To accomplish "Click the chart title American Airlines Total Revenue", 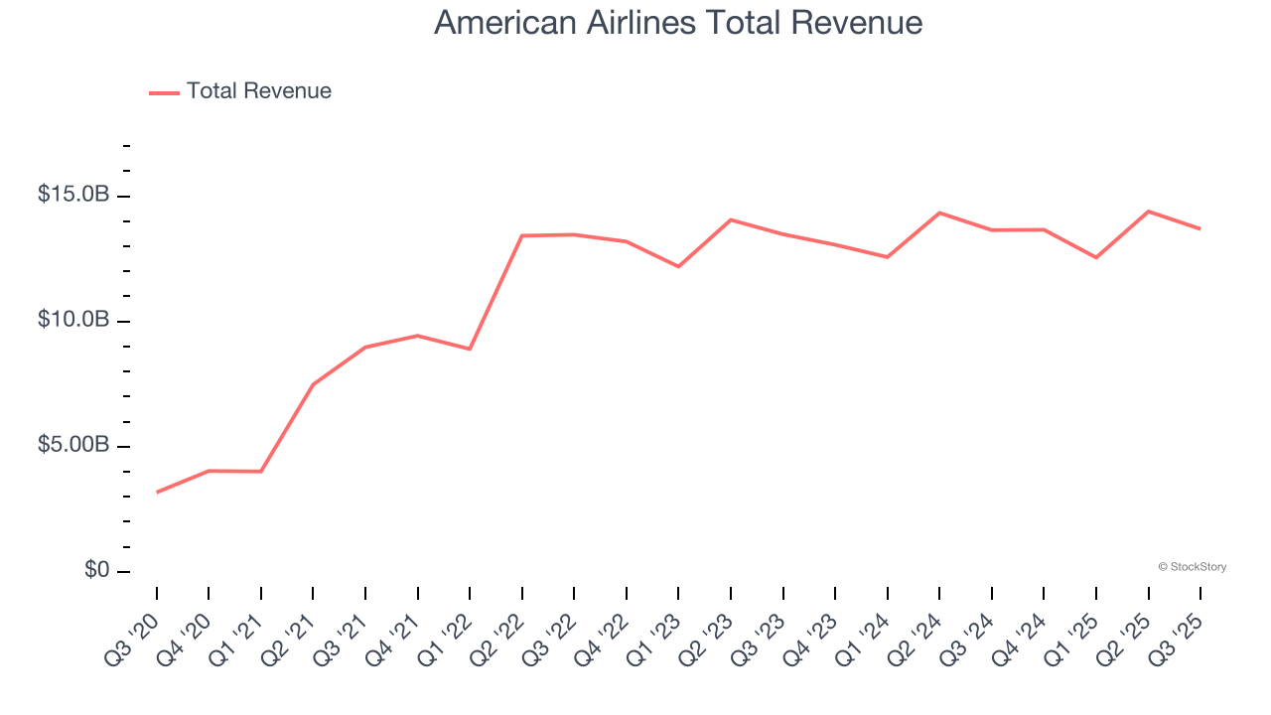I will (678, 23).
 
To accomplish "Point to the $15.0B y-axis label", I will (73, 195).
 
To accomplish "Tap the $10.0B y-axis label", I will (73, 320).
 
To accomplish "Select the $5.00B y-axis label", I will (73, 445).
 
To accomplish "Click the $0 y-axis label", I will (95, 570).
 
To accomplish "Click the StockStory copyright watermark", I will (1192, 567).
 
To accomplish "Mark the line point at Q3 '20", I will (157, 492).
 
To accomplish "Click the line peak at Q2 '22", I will (522, 235).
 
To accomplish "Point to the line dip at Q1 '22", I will (470, 349).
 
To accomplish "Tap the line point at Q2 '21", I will (313, 384).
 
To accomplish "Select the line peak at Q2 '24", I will (939, 213).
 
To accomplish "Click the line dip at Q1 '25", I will (1096, 257).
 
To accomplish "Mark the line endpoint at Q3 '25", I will (1200, 228).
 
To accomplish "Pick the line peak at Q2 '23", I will (731, 219).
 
